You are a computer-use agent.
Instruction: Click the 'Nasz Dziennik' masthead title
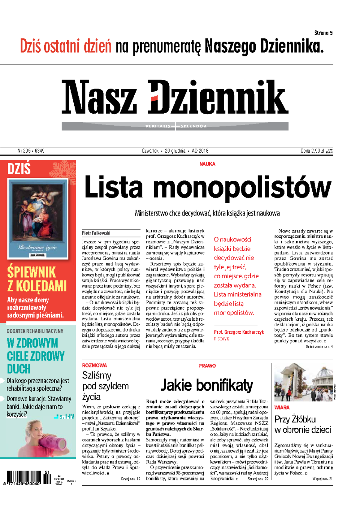point(175,97)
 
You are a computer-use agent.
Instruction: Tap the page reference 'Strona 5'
point(323,33)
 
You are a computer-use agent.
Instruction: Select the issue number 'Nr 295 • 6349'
point(31,151)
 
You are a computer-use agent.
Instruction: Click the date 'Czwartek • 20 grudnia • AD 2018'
point(175,151)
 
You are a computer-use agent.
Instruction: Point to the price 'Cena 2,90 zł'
point(312,151)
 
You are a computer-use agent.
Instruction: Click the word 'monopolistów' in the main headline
point(242,187)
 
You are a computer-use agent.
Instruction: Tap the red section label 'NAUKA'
point(207,164)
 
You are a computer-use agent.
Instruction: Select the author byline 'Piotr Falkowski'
point(96,233)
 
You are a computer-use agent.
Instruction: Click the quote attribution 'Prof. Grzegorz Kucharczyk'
point(239,332)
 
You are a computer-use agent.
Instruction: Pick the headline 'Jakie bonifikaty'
point(207,385)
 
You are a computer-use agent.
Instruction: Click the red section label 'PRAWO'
point(207,366)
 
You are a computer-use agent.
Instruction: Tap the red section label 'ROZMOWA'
point(94,365)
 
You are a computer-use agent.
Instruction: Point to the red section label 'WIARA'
point(282,408)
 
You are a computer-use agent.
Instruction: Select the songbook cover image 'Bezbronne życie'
point(37,219)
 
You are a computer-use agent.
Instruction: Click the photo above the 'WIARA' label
point(303,382)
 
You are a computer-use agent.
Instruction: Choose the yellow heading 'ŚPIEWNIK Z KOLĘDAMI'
point(37,279)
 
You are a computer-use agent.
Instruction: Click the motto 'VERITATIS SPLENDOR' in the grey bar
point(175,126)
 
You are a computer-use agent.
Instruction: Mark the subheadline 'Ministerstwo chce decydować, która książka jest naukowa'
point(207,213)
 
